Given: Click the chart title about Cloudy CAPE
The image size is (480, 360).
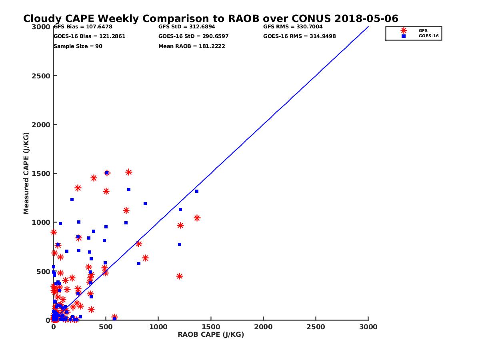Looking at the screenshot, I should pos(210,19).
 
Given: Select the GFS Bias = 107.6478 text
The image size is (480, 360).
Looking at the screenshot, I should pos(83,27).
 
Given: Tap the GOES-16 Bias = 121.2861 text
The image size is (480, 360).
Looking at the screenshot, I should pos(89,36).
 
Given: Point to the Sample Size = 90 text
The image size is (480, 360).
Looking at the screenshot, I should pos(78,46).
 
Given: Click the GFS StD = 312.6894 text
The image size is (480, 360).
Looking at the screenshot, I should pos(186,27).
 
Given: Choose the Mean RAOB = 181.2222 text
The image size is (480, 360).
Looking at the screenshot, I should pos(192,46).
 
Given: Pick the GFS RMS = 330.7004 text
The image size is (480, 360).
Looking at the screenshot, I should pos(293,27).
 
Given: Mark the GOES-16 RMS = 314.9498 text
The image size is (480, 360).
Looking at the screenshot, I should pos(299,36).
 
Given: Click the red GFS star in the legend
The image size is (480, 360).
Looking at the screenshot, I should pos(404,30).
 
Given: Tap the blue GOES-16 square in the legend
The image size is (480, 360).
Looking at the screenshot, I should pos(404,36).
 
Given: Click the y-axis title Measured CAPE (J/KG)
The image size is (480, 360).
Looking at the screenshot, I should pos(26,173).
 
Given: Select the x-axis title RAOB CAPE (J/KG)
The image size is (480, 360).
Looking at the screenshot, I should pos(211,335).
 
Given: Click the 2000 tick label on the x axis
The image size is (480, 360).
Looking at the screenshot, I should pos(263,327).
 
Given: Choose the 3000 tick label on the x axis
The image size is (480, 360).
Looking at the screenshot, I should pos(368,327).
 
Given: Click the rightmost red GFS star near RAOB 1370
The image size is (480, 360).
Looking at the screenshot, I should pos(197,218).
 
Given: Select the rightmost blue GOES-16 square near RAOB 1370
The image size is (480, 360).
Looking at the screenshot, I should pos(197,191).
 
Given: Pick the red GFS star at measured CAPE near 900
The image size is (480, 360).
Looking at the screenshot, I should pos(54,232).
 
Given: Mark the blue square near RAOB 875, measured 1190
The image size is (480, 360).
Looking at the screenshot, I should pos(145,204).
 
